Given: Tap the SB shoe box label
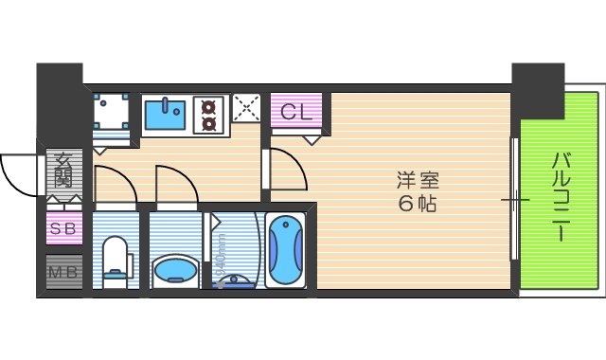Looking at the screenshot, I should pos(64,228).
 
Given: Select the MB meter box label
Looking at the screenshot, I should pos(64,274).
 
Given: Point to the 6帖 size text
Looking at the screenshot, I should pos(418,203).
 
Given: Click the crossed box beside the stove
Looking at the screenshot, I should pos(246,110).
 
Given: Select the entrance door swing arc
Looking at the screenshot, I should pos(17,172).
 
